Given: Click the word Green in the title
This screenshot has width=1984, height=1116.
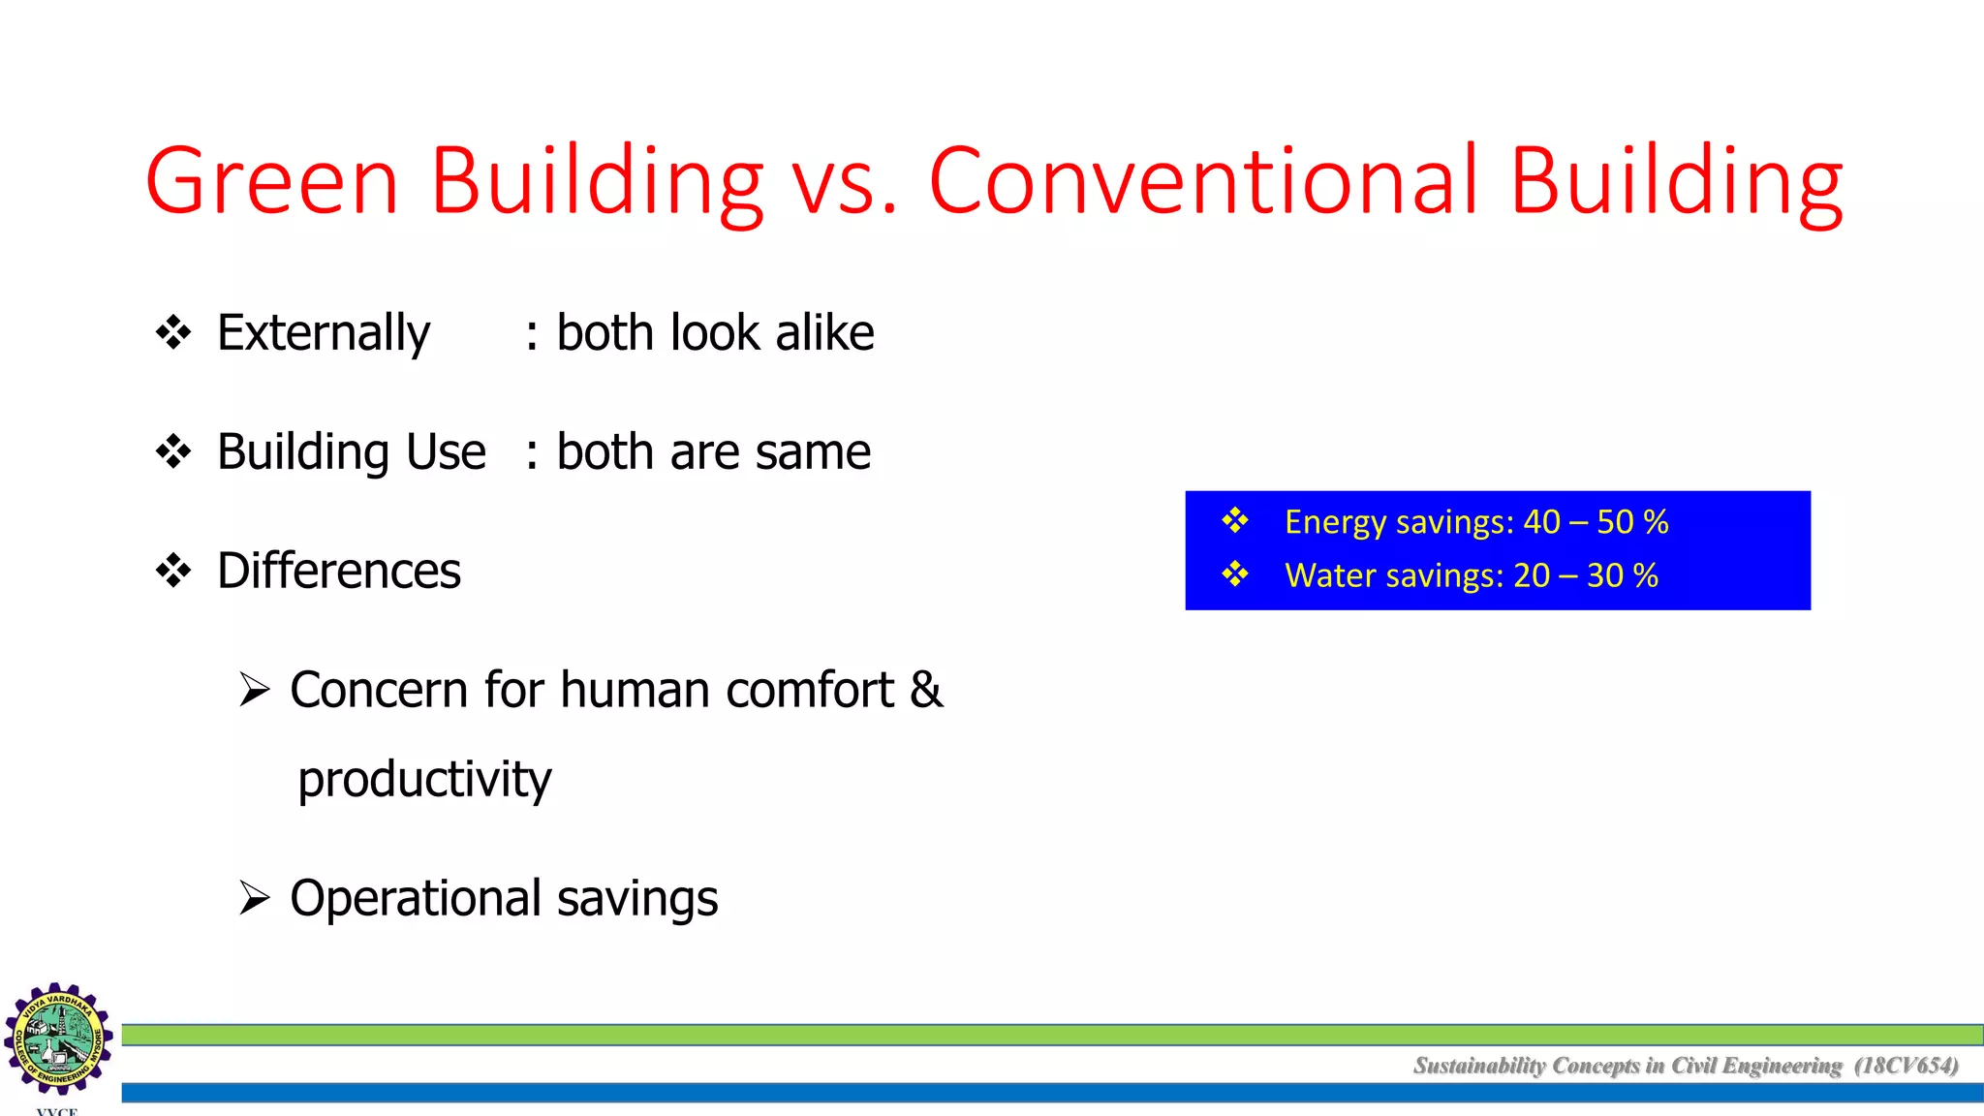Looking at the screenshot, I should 272,181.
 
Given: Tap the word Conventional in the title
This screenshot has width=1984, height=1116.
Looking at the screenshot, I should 1203,181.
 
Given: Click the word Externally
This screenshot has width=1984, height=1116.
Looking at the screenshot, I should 324,334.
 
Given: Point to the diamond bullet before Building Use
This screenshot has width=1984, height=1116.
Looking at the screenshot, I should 173,451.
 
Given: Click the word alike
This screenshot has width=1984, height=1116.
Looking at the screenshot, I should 824,333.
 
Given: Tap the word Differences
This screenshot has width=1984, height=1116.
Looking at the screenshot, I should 339,571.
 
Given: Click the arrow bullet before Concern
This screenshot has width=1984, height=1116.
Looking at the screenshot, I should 254,690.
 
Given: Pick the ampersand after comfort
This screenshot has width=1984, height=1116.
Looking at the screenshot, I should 926,690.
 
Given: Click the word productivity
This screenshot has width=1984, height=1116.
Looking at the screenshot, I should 424,780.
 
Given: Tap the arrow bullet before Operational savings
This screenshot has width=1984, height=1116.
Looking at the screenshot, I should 254,898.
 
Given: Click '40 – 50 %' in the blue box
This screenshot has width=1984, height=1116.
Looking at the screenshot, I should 1596,522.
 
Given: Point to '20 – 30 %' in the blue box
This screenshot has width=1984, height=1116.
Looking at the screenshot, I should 1586,575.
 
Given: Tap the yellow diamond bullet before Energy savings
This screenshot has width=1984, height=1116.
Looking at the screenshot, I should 1235,521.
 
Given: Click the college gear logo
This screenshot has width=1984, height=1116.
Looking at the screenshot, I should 58,1038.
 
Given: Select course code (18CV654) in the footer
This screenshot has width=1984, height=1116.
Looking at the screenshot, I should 1906,1066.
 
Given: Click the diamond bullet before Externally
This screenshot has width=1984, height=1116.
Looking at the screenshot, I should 173,332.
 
